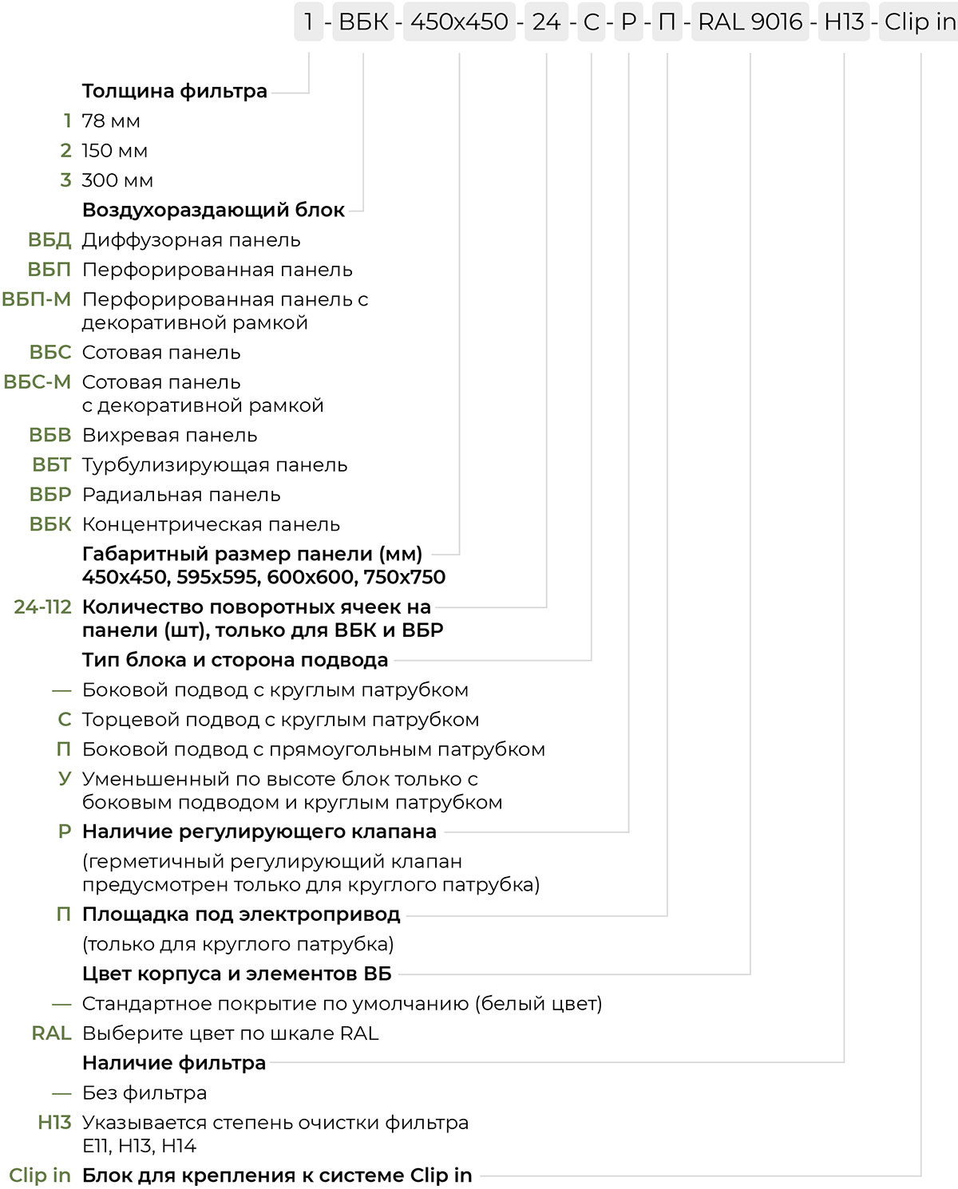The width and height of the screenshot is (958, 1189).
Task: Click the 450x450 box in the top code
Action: coord(459,22)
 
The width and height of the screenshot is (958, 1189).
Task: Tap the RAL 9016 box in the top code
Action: coord(750,22)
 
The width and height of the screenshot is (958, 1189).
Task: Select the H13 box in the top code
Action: coord(844,22)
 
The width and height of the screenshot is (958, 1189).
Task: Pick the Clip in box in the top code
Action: coord(919,22)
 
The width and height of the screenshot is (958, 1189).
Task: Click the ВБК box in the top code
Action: coord(363,22)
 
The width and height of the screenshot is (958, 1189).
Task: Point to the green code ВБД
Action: coord(49,240)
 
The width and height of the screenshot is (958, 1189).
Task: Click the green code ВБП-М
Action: coord(37,299)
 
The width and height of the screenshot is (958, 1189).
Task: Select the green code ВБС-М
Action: coord(38,382)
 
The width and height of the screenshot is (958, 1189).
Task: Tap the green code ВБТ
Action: coord(52,465)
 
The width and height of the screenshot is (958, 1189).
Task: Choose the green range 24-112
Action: coord(43,607)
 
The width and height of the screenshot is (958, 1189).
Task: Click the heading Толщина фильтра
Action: coord(174,91)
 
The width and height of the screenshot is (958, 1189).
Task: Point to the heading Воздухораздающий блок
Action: coord(213,211)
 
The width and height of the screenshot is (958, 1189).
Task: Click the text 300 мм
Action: coord(117,180)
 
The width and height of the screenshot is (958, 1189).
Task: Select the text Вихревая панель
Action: coord(169,436)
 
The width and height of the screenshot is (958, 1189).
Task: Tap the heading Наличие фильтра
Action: coord(174,1063)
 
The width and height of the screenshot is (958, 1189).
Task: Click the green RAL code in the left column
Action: coord(52,1033)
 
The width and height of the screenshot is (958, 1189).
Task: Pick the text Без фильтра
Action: coord(144,1093)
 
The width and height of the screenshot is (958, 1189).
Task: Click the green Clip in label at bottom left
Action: coord(40,1175)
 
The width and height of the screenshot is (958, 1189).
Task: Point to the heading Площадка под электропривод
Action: coord(241,914)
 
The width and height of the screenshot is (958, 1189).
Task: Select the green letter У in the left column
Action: coord(65,779)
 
